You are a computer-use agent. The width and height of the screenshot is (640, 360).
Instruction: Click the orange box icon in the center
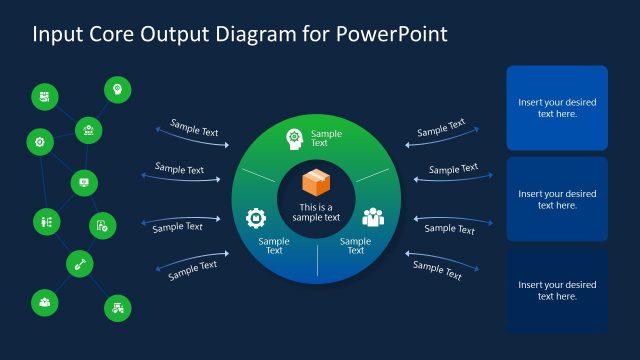(317, 184)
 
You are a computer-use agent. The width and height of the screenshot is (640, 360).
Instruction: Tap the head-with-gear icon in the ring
(295, 138)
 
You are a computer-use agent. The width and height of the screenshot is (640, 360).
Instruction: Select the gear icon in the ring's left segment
(256, 217)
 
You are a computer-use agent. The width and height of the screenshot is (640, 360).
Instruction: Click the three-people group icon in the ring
(373, 217)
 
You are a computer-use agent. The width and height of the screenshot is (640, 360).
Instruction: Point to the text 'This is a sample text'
(317, 212)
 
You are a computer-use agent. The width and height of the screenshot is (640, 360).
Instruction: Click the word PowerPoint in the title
(392, 34)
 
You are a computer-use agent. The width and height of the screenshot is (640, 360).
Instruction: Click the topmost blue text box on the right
(557, 108)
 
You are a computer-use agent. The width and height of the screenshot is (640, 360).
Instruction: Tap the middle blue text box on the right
(557, 199)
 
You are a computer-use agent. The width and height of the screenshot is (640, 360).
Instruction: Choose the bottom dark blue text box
(557, 290)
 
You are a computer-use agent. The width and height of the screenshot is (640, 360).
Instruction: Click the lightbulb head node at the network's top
(117, 90)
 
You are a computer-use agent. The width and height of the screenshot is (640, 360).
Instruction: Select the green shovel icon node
(80, 264)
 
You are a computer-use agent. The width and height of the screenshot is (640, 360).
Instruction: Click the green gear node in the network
(40, 142)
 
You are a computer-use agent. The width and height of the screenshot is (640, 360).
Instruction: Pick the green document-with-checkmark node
(103, 226)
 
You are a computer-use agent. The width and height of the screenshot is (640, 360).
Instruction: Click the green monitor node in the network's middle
(84, 183)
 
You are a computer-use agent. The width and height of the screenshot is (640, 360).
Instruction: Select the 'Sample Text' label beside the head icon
(326, 138)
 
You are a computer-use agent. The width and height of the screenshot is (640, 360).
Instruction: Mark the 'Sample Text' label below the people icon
(355, 245)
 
